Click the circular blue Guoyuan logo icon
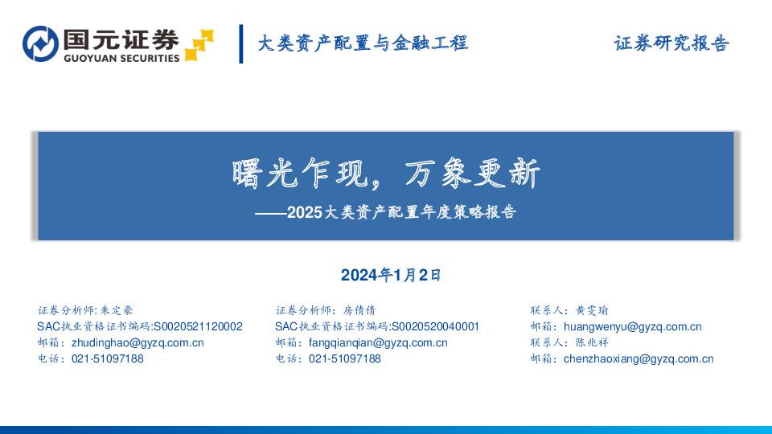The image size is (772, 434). pyautogui.click(x=39, y=44)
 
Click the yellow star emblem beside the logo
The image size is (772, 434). pyautogui.click(x=199, y=45)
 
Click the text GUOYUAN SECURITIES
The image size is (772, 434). pyautogui.click(x=121, y=58)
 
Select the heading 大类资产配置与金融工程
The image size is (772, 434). pyautogui.click(x=363, y=43)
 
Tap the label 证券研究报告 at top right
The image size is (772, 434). pyautogui.click(x=671, y=43)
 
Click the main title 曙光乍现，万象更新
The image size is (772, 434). pyautogui.click(x=386, y=174)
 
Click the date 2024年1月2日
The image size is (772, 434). pyautogui.click(x=392, y=275)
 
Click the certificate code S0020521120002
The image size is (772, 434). pyautogui.click(x=197, y=326)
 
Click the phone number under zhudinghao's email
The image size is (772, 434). pyautogui.click(x=108, y=358)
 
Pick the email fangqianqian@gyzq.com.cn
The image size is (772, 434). pyautogui.click(x=378, y=342)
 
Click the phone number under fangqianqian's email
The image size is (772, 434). pyautogui.click(x=345, y=358)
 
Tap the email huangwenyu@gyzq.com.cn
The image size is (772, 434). pyautogui.click(x=633, y=326)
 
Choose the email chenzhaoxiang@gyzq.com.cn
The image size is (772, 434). pyautogui.click(x=639, y=358)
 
